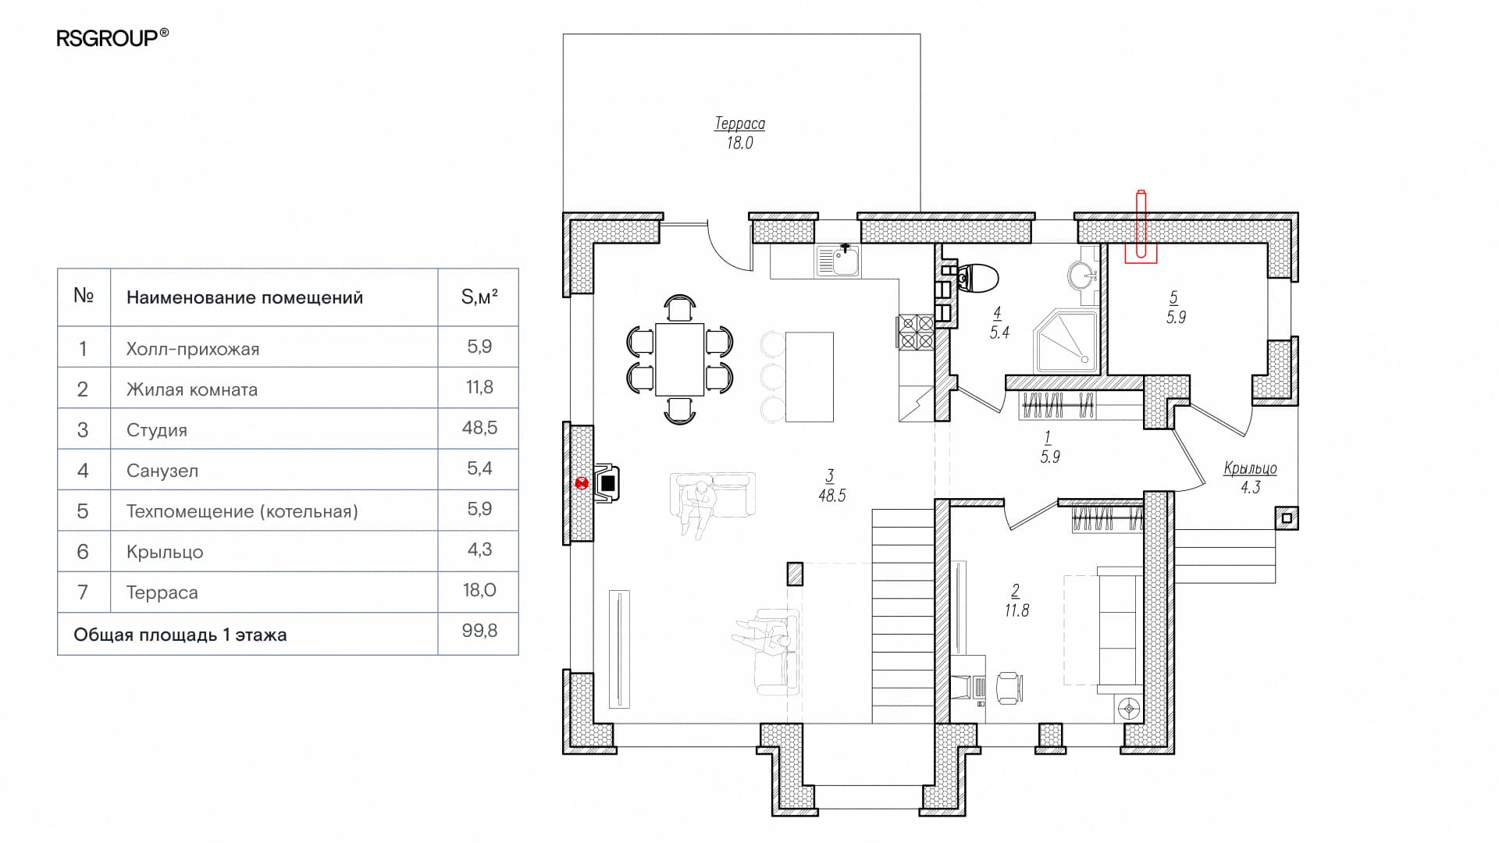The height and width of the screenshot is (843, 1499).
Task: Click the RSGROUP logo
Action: click(x=112, y=37)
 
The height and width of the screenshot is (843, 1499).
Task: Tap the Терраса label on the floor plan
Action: click(x=739, y=123)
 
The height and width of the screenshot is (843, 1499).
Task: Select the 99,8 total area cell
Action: click(x=479, y=631)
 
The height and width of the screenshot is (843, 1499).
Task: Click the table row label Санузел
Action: click(x=162, y=471)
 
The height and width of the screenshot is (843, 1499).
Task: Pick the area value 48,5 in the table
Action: click(x=479, y=428)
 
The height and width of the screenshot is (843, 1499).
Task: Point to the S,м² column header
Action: click(x=479, y=297)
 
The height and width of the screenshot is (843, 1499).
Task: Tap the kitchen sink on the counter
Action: click(x=839, y=261)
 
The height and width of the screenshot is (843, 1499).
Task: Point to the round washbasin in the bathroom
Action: click(x=1083, y=275)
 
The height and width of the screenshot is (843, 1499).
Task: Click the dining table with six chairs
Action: click(x=679, y=359)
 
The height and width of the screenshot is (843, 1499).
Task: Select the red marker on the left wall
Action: click(x=582, y=483)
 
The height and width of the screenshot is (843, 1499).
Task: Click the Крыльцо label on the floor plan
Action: click(x=1250, y=468)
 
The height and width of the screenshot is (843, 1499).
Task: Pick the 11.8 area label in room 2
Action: click(x=1017, y=610)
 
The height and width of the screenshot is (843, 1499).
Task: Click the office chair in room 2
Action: click(x=1008, y=688)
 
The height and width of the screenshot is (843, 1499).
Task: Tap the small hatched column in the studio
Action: click(x=795, y=574)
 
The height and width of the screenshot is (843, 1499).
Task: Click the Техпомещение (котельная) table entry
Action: click(x=242, y=511)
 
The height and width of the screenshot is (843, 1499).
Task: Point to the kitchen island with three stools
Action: click(x=798, y=376)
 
